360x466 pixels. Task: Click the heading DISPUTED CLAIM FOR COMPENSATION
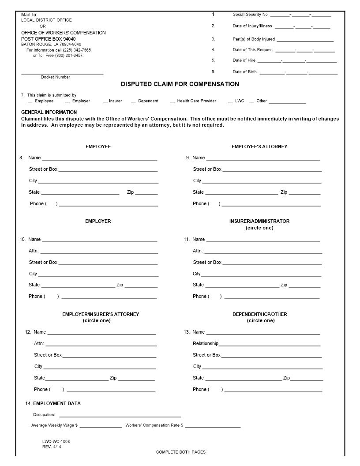[180, 84]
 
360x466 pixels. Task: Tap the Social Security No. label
[251, 15]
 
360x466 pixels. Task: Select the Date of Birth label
[245, 72]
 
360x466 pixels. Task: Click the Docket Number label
[56, 77]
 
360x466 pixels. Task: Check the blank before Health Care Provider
[172, 101]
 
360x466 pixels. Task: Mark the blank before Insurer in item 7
[105, 101]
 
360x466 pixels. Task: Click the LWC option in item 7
[240, 101]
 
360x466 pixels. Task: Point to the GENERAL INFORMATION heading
[49, 112]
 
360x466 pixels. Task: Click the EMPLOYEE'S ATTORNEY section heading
[259, 147]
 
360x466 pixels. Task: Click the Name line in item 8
[100, 158]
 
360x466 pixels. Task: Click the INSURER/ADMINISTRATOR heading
[259, 221]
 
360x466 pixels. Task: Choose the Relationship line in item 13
[270, 344]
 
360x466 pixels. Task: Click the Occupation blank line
[120, 415]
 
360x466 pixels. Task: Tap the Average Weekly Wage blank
[101, 426]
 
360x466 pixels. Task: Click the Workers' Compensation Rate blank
[213, 426]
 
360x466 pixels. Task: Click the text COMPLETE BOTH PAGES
[180, 452]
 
